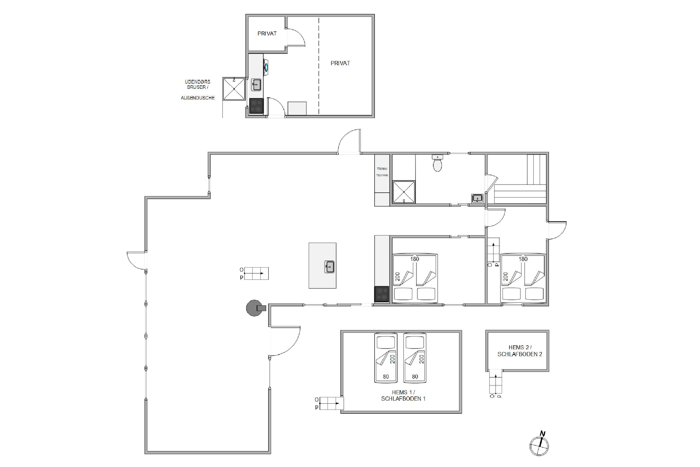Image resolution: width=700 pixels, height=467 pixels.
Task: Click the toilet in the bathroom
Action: (437, 163)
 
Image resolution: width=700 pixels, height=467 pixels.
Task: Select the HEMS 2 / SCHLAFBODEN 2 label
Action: (520, 350)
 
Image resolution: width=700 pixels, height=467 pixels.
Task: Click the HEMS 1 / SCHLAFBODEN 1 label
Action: (403, 395)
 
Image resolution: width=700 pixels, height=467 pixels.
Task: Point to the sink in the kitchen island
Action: (329, 267)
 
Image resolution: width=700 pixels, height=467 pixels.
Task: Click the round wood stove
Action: (255, 308)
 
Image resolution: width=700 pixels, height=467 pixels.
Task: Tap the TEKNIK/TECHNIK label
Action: (382, 172)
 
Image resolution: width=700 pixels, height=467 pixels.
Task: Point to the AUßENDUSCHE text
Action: (198, 98)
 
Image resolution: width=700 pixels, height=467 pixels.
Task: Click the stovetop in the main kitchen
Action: (381, 294)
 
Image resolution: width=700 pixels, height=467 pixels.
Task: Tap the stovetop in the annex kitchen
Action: (256, 106)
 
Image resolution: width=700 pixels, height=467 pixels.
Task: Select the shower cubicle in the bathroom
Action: (404, 192)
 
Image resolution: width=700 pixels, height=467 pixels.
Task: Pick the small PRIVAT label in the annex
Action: (267, 34)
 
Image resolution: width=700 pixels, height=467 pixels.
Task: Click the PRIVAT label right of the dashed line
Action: (340, 63)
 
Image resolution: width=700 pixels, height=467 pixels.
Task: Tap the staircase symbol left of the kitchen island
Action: (256, 273)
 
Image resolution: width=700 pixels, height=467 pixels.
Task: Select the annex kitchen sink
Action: (256, 85)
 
